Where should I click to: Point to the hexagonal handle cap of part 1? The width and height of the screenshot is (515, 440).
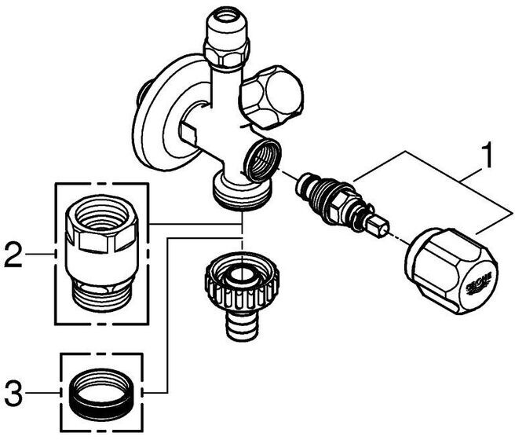(x=448, y=264)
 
